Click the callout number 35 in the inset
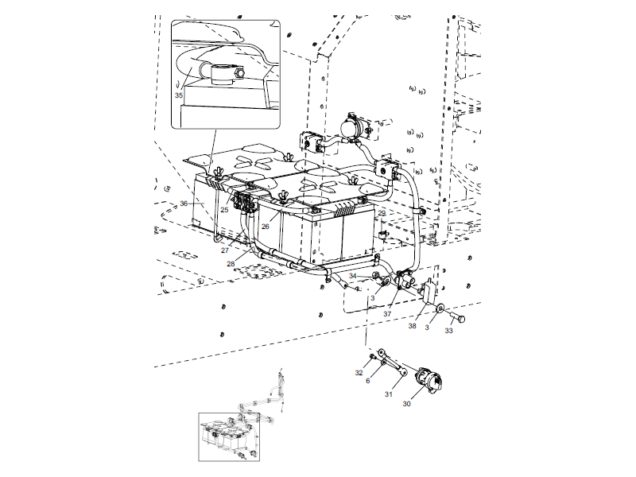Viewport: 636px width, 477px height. click(x=179, y=95)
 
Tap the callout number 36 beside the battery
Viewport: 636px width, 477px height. click(x=184, y=204)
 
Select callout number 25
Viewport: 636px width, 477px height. click(x=224, y=210)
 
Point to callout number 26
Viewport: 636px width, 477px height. click(x=265, y=227)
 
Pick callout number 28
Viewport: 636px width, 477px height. click(x=231, y=263)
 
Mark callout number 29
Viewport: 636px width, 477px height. click(x=382, y=214)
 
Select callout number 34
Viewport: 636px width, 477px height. click(x=353, y=276)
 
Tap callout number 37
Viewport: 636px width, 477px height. click(x=387, y=314)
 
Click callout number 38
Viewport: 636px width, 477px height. click(x=413, y=326)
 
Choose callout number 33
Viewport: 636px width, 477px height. click(x=449, y=330)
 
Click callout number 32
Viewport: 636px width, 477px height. click(x=359, y=372)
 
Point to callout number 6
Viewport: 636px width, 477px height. click(x=367, y=382)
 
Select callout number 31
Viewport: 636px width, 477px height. click(x=390, y=394)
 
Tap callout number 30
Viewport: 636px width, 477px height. click(x=406, y=404)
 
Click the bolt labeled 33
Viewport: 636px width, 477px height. click(x=460, y=319)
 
